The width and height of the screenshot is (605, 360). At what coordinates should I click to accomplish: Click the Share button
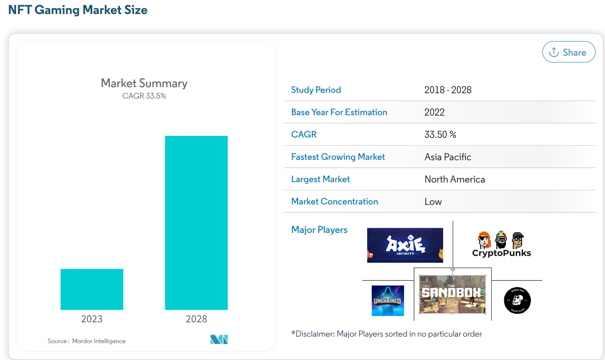click(569, 52)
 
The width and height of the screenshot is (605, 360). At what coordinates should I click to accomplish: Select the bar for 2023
click(92, 289)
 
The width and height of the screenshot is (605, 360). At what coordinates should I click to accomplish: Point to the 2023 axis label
click(92, 319)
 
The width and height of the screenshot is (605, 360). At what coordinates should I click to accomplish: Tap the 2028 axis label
click(196, 319)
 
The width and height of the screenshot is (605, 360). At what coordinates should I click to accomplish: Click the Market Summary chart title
click(144, 83)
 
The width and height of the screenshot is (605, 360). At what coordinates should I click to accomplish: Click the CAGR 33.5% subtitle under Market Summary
click(144, 96)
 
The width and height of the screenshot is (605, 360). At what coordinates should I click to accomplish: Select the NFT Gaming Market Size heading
click(78, 10)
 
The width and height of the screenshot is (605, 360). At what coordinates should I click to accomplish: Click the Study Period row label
click(316, 90)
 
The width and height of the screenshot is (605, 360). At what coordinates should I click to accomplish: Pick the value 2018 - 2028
click(448, 90)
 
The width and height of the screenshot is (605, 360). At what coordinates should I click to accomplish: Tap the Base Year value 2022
click(434, 112)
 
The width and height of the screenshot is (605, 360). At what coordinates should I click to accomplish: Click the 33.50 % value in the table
click(440, 135)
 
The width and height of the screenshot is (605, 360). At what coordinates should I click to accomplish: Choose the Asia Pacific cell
click(448, 157)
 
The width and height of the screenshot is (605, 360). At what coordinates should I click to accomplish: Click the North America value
click(454, 179)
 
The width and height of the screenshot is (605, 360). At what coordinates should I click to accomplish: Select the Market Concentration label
click(335, 202)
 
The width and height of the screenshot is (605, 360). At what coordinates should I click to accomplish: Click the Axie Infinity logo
click(405, 245)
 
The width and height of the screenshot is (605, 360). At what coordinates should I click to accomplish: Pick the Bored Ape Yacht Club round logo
click(517, 300)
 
